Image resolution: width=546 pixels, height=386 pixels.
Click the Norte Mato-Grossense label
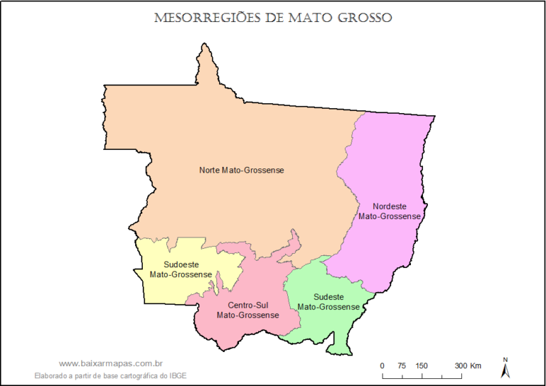[x=242, y=170]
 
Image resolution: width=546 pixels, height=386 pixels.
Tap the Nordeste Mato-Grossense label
[x=389, y=211]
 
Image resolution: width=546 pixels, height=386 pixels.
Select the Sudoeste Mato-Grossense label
[x=181, y=269]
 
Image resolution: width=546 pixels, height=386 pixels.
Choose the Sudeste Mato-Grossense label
[x=328, y=301]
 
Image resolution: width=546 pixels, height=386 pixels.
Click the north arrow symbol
[x=505, y=368]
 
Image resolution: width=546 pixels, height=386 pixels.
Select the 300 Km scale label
[x=469, y=365]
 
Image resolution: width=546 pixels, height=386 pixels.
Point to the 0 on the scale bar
[x=382, y=365]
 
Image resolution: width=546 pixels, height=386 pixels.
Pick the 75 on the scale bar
[x=402, y=365]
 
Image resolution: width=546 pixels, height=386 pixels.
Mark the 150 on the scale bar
[x=422, y=365]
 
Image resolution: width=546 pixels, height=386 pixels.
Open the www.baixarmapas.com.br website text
[x=112, y=363]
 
